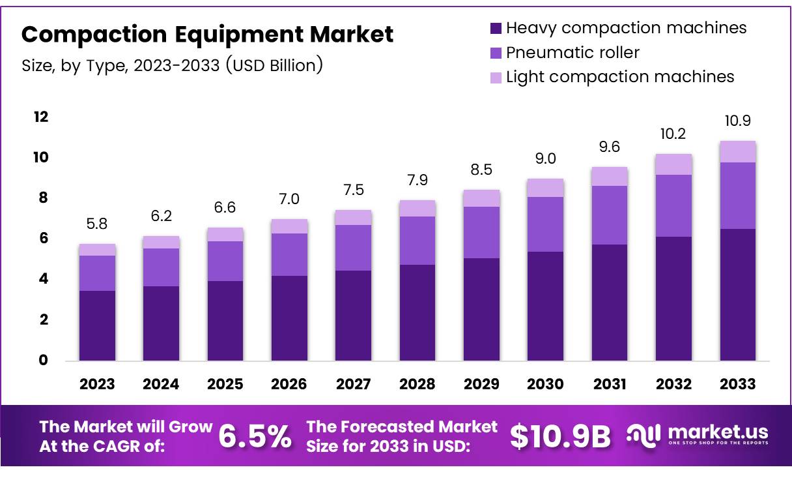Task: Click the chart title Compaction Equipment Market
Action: click(207, 34)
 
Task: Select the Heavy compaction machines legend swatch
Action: click(496, 28)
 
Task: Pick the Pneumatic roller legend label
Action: click(573, 52)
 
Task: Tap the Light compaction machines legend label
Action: click(619, 76)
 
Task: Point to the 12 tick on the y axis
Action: click(40, 117)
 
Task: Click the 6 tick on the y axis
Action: click(42, 239)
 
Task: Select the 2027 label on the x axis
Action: click(353, 384)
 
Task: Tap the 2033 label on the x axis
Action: click(738, 384)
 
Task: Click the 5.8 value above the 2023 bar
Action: click(97, 224)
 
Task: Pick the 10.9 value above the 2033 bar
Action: click(738, 121)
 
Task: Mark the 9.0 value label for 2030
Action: click(545, 159)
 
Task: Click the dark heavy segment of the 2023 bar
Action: click(97, 325)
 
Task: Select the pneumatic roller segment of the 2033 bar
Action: click(738, 195)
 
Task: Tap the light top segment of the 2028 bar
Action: click(417, 208)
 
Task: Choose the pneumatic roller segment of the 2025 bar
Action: click(225, 261)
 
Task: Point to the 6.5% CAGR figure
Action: click(255, 436)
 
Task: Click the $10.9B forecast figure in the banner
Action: click(560, 436)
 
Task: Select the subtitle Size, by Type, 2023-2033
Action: click(172, 65)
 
